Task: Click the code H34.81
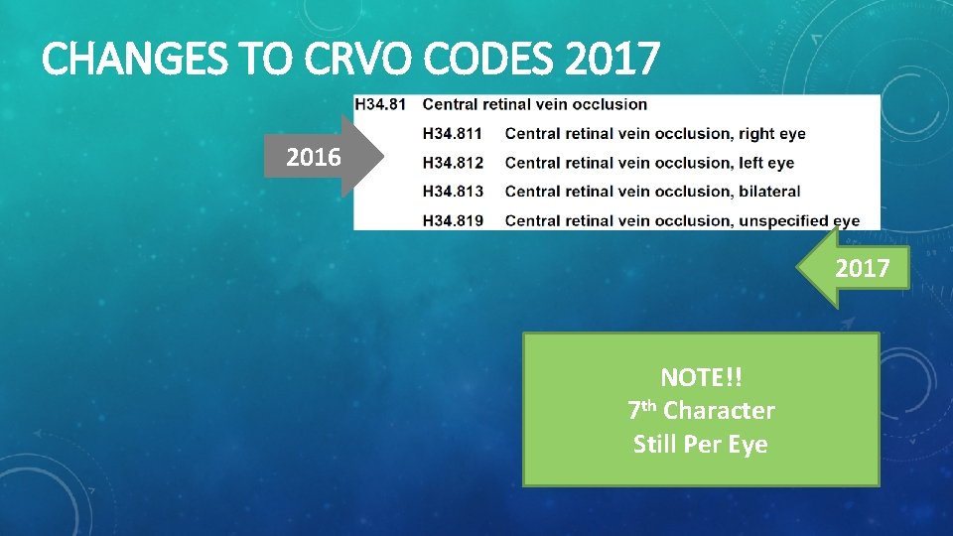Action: click(x=381, y=104)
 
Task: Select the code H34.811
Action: click(x=454, y=133)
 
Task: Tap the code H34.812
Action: click(x=454, y=162)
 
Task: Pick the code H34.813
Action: click(x=454, y=191)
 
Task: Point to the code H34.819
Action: click(x=454, y=220)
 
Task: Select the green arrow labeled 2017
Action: click(x=860, y=268)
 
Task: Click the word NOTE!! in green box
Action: click(x=701, y=377)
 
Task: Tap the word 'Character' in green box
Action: click(x=719, y=410)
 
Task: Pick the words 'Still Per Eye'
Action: click(x=701, y=444)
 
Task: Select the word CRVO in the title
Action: click(x=358, y=61)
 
